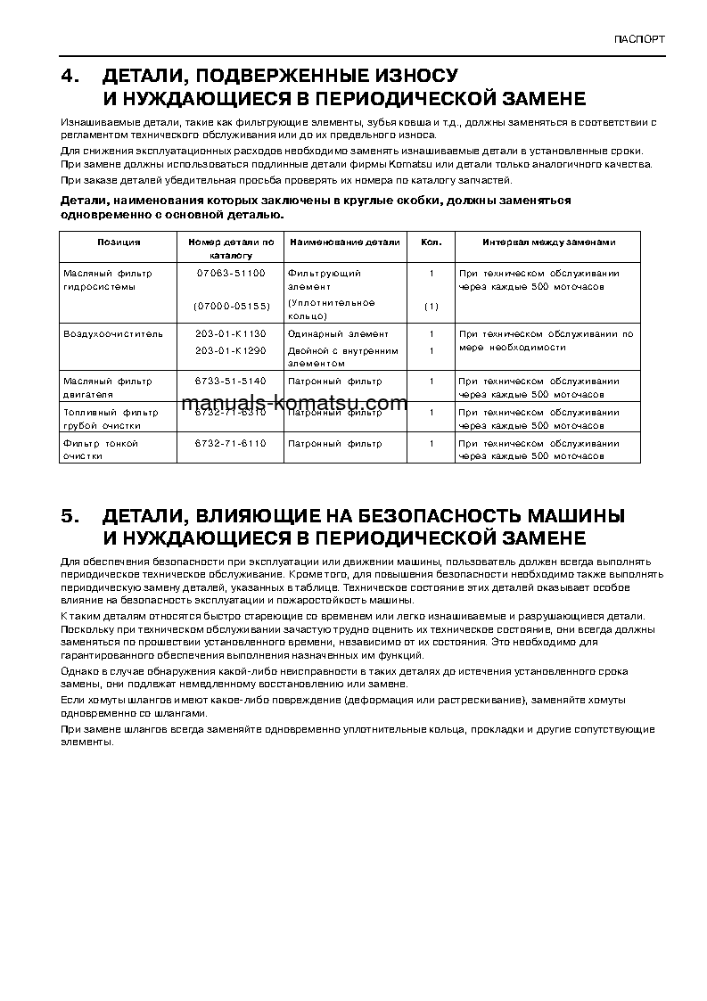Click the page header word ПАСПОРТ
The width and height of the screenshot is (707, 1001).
pyautogui.click(x=639, y=40)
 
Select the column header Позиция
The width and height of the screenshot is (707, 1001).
pyautogui.click(x=119, y=242)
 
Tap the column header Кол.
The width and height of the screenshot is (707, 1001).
pyautogui.click(x=431, y=242)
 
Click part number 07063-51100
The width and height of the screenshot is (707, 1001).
pyautogui.click(x=231, y=273)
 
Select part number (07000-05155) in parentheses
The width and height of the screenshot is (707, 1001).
pyautogui.click(x=231, y=306)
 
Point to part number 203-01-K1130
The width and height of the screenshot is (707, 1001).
pyautogui.click(x=231, y=334)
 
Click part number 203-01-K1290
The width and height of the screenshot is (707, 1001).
pyautogui.click(x=231, y=350)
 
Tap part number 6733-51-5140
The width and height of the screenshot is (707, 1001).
pyautogui.click(x=231, y=381)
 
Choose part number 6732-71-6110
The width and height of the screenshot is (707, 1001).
pyautogui.click(x=231, y=443)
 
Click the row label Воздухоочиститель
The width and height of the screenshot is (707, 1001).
pyautogui.click(x=113, y=334)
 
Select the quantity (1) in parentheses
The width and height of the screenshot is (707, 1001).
pyautogui.click(x=431, y=306)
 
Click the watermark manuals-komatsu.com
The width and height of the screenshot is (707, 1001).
pyautogui.click(x=293, y=404)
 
